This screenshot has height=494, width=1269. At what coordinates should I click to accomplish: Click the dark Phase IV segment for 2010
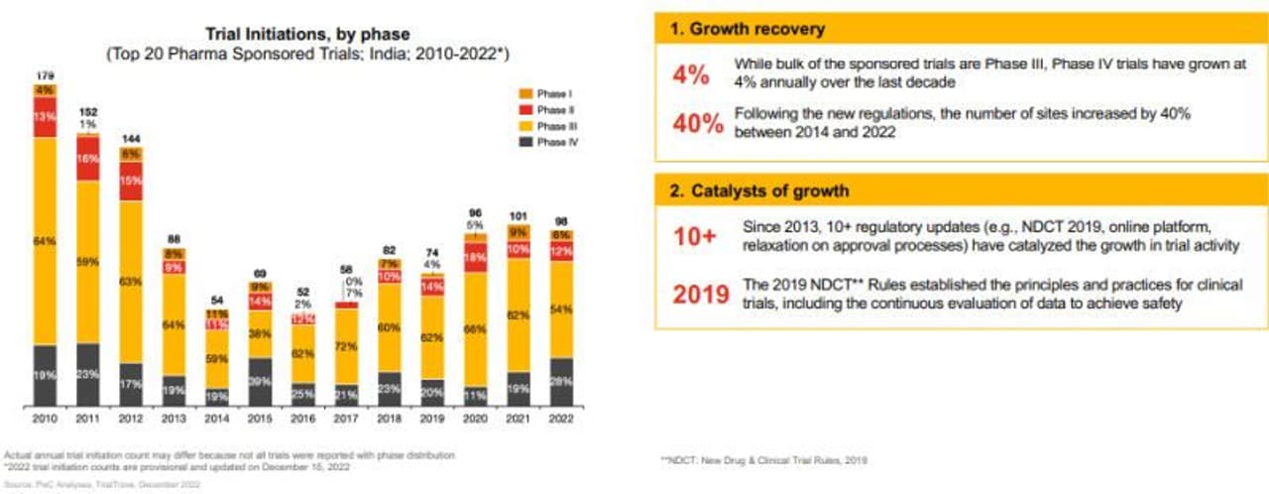click(45, 375)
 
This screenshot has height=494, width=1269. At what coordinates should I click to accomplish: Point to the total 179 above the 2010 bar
click(44, 74)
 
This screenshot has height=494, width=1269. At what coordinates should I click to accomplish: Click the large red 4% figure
click(690, 74)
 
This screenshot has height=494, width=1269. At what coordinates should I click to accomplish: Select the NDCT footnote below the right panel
click(763, 460)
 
